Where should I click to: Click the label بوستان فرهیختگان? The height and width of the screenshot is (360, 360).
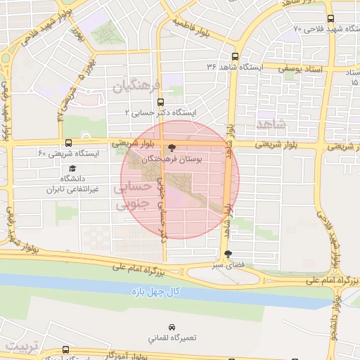tap(172, 160)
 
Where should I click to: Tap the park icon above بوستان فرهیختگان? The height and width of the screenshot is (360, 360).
tap(172, 148)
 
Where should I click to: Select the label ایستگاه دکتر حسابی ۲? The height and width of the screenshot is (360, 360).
tap(160, 112)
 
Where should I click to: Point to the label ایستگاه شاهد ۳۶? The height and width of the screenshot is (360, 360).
tap(234, 67)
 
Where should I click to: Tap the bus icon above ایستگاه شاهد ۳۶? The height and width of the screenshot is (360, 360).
tap(234, 57)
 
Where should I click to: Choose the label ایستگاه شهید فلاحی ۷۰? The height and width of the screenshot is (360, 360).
tap(329, 29)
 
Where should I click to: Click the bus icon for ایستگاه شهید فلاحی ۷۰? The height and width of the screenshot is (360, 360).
tap(330, 19)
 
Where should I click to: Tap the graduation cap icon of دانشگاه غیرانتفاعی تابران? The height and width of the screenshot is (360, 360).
tap(73, 168)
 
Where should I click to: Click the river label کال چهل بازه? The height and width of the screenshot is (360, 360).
tap(156, 291)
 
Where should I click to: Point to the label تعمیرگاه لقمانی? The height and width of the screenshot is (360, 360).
tap(172, 337)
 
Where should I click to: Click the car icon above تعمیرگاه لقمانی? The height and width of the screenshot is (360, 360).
tap(172, 327)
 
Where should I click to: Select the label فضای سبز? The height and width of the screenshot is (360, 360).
tap(226, 266)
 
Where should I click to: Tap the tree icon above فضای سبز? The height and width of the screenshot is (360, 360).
tap(226, 255)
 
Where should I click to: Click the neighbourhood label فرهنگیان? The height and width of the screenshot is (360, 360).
tap(131, 86)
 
